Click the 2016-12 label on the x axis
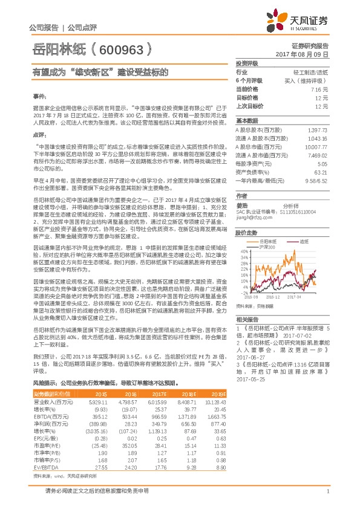[x=274, y=297]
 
